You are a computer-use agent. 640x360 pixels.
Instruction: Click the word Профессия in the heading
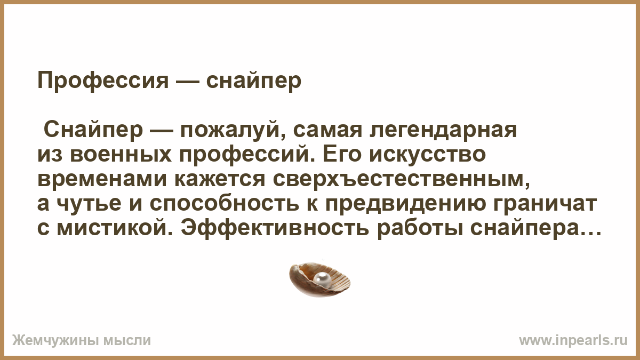103,81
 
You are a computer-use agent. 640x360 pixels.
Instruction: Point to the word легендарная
443,131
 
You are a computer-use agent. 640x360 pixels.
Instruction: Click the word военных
121,155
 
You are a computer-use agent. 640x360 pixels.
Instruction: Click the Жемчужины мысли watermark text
82,341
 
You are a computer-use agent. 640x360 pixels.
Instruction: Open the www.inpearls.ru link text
573,341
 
